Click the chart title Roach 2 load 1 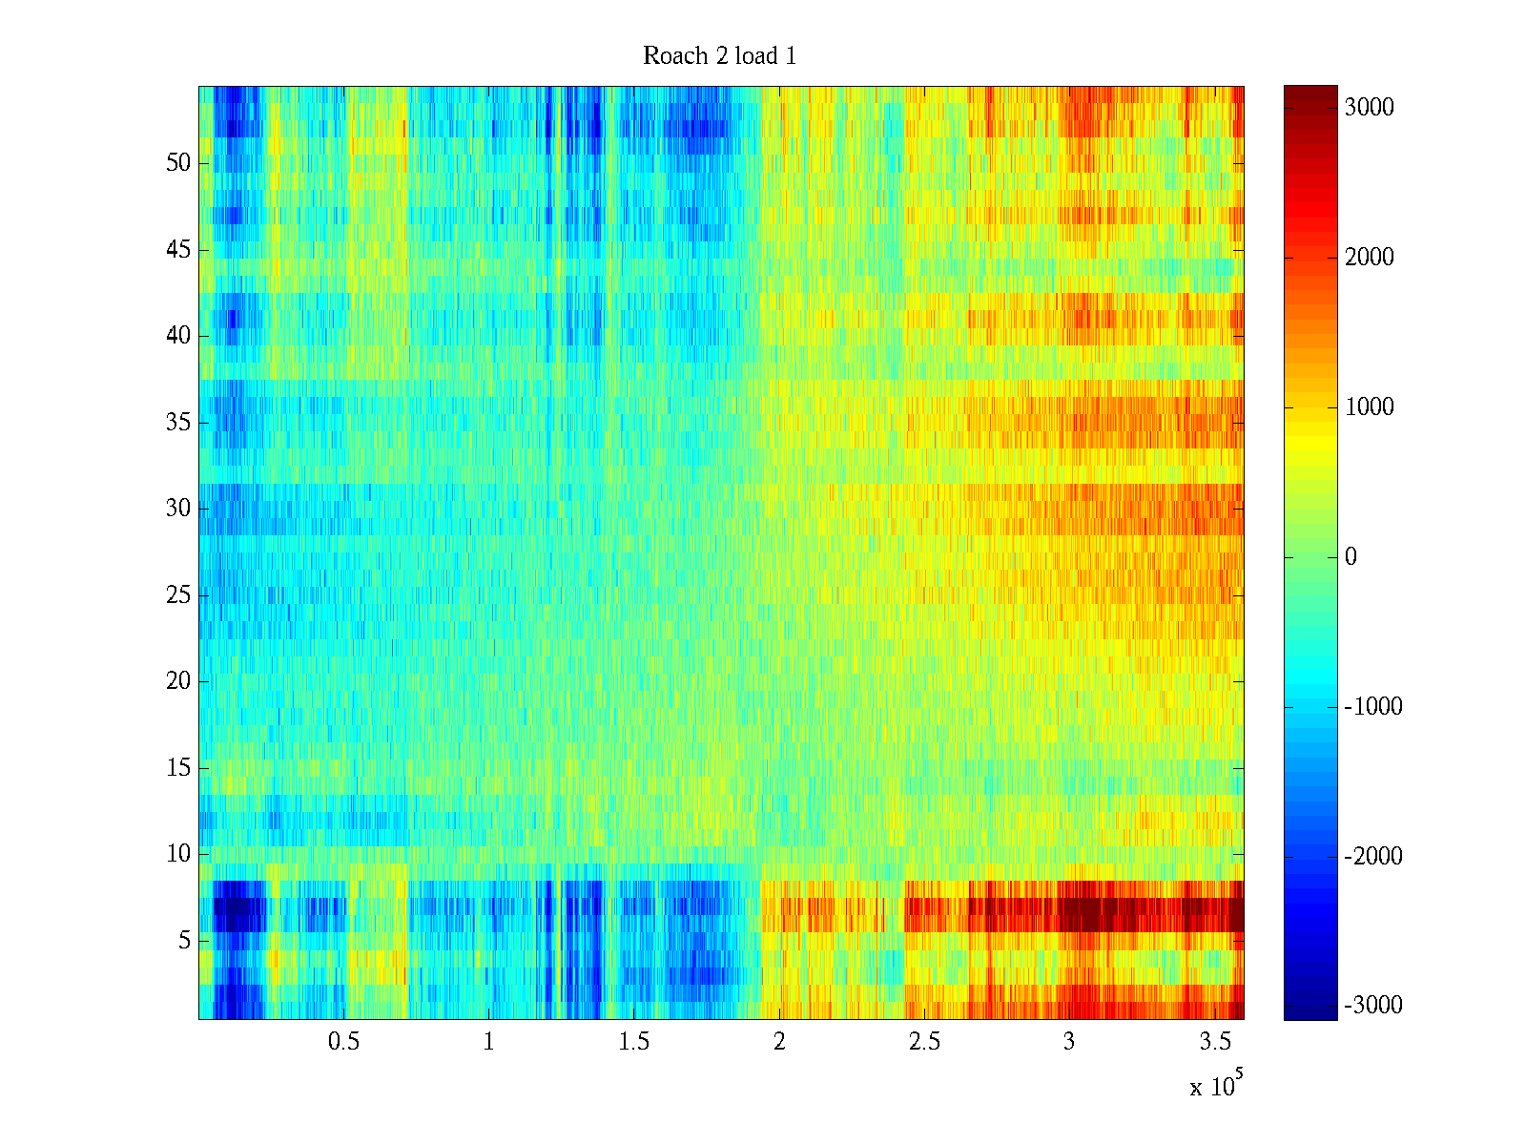tap(719, 56)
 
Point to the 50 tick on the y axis tap(178, 163)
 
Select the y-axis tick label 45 tap(178, 250)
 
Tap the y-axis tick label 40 tap(178, 336)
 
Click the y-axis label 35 tap(178, 423)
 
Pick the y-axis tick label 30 tap(178, 509)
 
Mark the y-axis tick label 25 tap(178, 595)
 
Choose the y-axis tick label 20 tap(178, 681)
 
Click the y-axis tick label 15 tap(178, 768)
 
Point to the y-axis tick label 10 tap(178, 854)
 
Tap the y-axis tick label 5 tap(184, 941)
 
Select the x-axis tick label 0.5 tap(344, 1042)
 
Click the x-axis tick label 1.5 tap(634, 1042)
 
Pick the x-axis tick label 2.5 tap(924, 1042)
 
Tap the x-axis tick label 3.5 tap(1214, 1042)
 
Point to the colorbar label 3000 tap(1369, 108)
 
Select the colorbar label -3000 tap(1373, 1006)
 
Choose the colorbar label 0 tap(1351, 557)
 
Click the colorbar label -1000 tap(1373, 707)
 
